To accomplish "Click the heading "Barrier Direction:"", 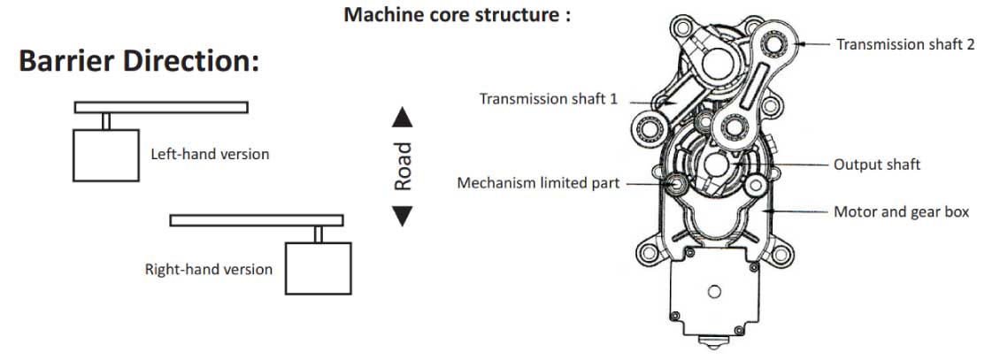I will pos(138,62).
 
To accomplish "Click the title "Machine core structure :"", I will pos(458,15).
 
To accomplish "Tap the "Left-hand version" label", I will pos(210,154).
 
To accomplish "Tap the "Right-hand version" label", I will pos(209,269).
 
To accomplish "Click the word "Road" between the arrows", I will pos(404,166).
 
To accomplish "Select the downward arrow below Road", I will pos(403,215).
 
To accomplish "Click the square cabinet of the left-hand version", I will pos(105,155).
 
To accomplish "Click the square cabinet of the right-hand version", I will pos(318,268).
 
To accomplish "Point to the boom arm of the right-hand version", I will pos(256,220).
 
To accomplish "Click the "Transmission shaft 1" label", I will pos(549,99).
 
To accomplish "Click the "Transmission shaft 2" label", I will pos(905,44).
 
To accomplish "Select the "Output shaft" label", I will pos(877,165).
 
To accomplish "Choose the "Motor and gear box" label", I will pos(901,212).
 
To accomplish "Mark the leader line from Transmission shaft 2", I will pos(814,43).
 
